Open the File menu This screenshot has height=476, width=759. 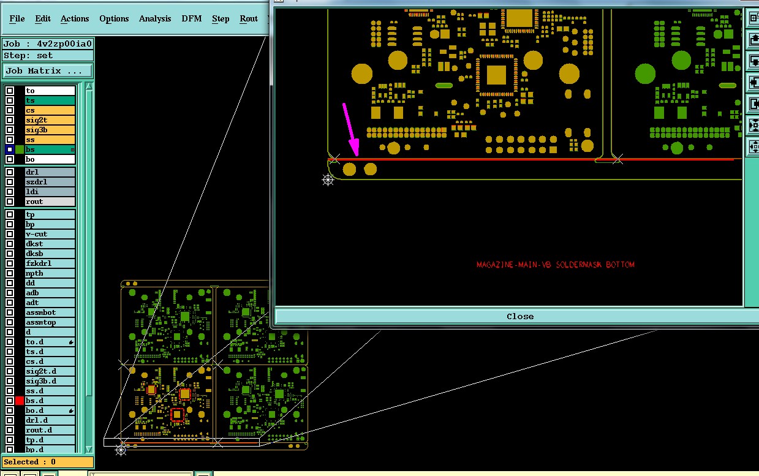[x=17, y=18]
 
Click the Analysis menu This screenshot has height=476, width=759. [x=155, y=18]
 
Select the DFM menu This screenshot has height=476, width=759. [x=192, y=18]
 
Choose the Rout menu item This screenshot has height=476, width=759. [x=249, y=18]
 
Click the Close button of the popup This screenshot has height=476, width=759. [x=519, y=317]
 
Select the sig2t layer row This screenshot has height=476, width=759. [x=50, y=120]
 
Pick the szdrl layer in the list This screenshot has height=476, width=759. [x=50, y=182]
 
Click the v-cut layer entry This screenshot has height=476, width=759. [x=50, y=234]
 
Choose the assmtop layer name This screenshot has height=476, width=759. [x=50, y=322]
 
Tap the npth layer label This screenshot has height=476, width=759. [x=50, y=273]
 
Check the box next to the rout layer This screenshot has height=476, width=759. [x=10, y=202]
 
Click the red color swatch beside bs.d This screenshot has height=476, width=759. [x=20, y=401]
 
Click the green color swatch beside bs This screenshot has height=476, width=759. [x=20, y=149]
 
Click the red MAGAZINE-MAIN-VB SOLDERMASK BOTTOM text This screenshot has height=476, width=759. [x=556, y=265]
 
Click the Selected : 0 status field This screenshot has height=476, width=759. [x=47, y=462]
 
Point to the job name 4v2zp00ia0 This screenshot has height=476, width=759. [x=64, y=43]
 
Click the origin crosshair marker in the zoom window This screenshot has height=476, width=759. [x=328, y=180]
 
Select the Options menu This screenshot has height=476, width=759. [x=114, y=18]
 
